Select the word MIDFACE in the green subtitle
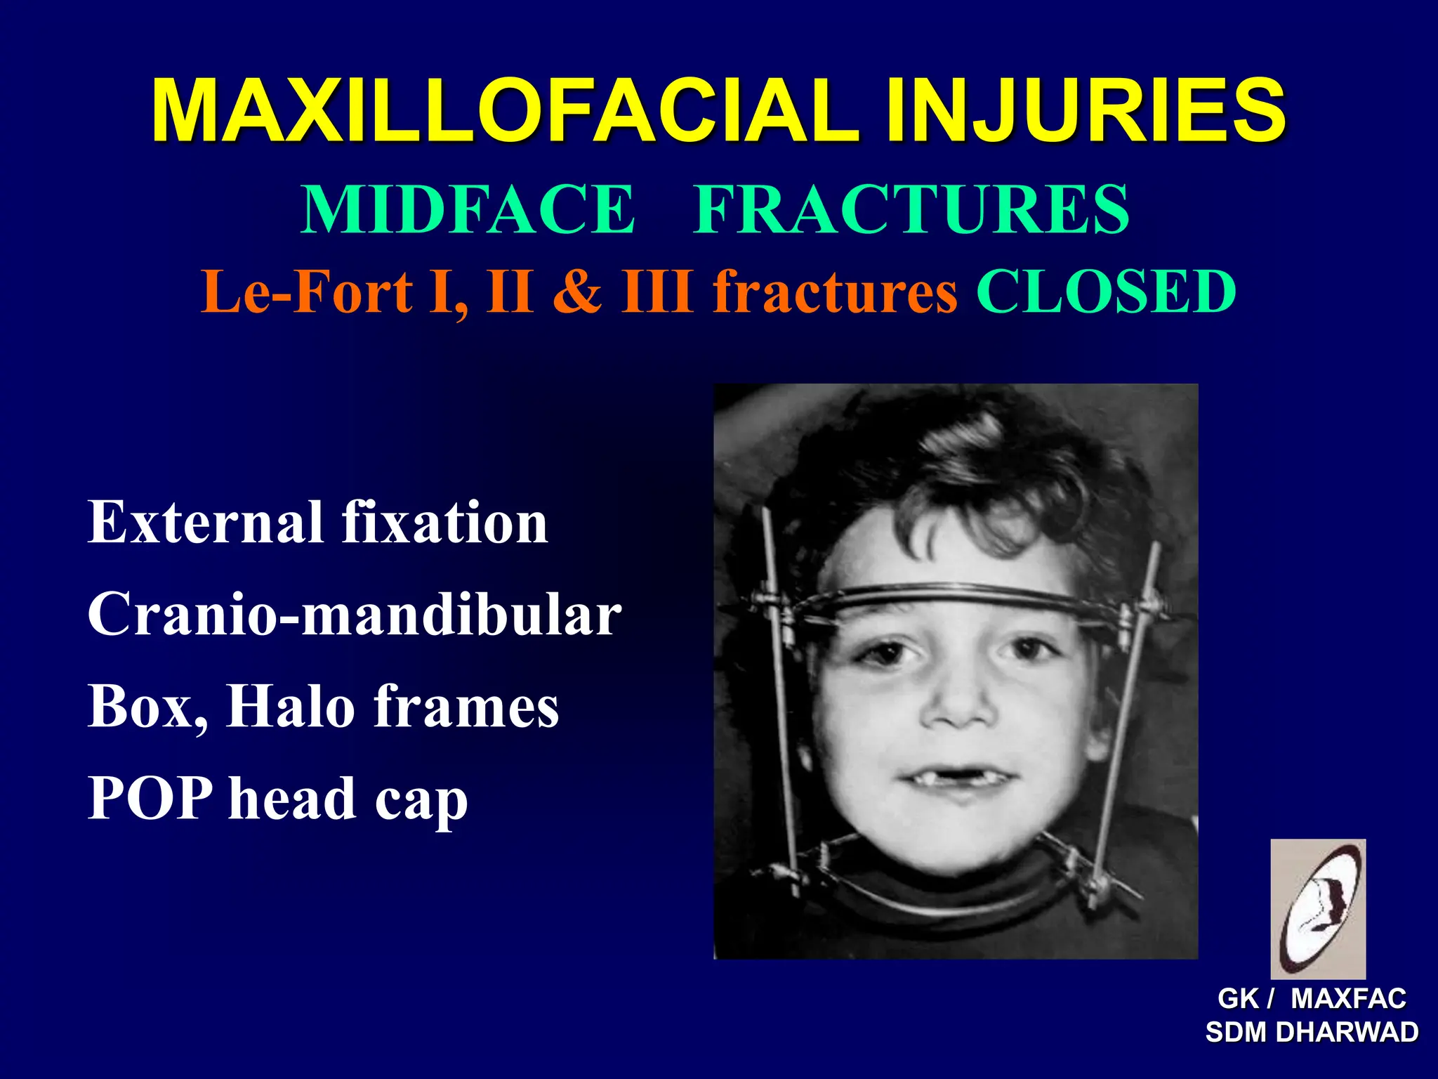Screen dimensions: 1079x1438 pos(468,209)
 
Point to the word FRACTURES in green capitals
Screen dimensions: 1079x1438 pos(911,209)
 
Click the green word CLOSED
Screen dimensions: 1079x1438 pos(1107,292)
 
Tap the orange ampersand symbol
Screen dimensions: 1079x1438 pos(577,292)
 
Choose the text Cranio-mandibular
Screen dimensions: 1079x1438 pos(355,614)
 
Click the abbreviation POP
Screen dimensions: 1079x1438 pos(150,798)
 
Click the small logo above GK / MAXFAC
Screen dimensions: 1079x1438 pos(1318,908)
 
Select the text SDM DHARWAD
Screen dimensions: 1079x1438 pos(1312,1033)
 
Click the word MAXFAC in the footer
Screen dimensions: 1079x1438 pos(1348,998)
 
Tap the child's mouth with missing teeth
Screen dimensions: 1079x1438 pos(956,778)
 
